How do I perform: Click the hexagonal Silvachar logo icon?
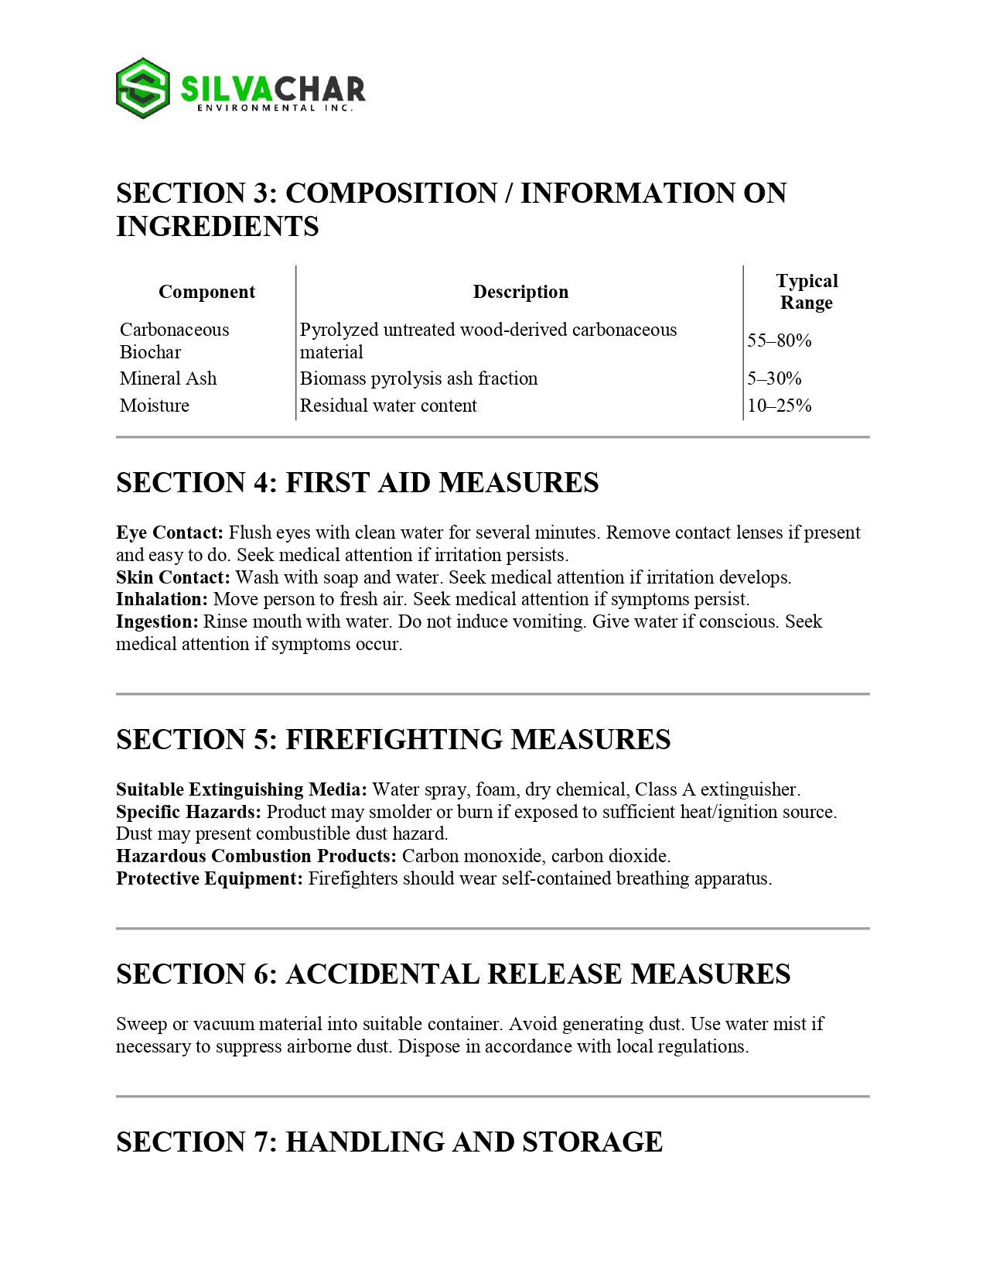click(x=143, y=88)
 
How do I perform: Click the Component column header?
click(x=206, y=292)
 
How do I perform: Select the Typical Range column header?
click(x=807, y=292)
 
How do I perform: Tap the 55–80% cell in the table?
click(x=780, y=341)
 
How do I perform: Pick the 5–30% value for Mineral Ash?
click(x=774, y=378)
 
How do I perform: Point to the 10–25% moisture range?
click(x=780, y=406)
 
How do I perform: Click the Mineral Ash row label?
click(x=168, y=378)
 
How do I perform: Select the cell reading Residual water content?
click(x=388, y=406)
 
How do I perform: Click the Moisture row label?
click(x=155, y=406)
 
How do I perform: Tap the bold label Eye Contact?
click(x=169, y=532)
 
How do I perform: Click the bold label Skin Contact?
click(x=173, y=577)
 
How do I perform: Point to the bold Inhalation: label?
click(x=162, y=599)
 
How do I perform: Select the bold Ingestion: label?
click(x=158, y=621)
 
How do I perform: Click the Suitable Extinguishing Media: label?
click(x=241, y=789)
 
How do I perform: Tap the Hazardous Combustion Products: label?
click(x=256, y=856)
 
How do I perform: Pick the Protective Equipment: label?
click(x=210, y=878)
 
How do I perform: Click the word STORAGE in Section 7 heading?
click(x=592, y=1142)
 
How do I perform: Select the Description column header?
click(x=520, y=292)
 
